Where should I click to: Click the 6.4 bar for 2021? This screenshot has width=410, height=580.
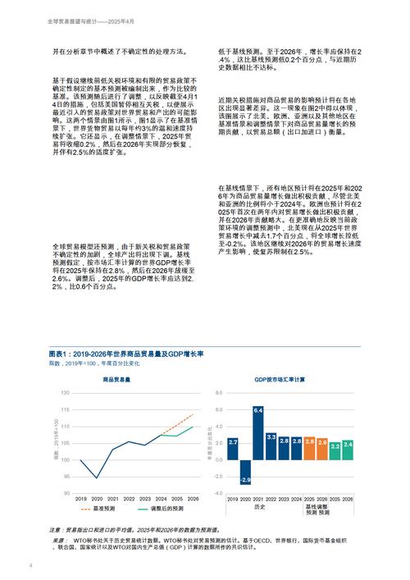coord(257,432)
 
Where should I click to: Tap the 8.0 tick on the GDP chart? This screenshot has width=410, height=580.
coord(219,393)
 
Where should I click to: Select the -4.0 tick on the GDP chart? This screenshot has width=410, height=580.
coord(218,493)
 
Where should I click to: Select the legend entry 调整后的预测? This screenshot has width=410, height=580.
coord(166,509)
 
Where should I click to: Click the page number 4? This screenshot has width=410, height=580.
coord(30,565)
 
